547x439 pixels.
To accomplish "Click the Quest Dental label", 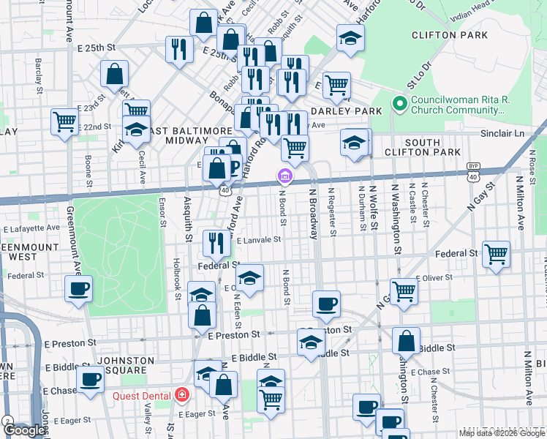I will (x=141, y=396).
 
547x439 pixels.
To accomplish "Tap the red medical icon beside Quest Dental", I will (x=181, y=396).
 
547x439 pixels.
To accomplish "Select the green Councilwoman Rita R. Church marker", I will (x=399, y=104).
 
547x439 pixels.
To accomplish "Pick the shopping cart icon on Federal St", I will (x=496, y=255).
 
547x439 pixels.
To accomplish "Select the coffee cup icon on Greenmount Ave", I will (x=79, y=288).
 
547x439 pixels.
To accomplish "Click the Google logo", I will (x=24, y=430).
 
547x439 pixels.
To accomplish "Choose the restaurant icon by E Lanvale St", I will (x=216, y=242).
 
